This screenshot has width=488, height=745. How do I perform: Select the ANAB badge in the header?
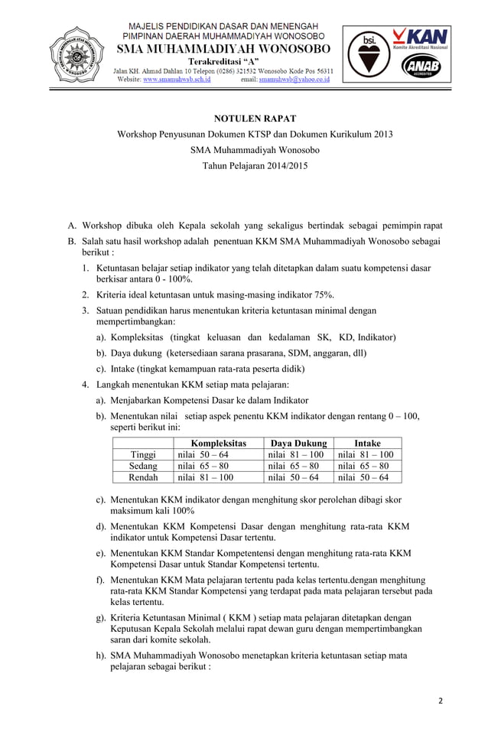(420, 67)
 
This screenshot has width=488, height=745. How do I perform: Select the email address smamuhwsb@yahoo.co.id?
(294, 79)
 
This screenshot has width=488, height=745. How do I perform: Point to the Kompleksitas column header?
(218, 443)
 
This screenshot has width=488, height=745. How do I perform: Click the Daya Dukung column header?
(299, 443)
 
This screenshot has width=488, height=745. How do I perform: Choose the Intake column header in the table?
(367, 443)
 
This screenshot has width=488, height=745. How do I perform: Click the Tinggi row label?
(143, 454)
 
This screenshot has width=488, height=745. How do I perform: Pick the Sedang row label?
(143, 466)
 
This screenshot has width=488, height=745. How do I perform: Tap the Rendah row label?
(143, 477)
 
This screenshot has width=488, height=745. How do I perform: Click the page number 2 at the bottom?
(441, 701)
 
